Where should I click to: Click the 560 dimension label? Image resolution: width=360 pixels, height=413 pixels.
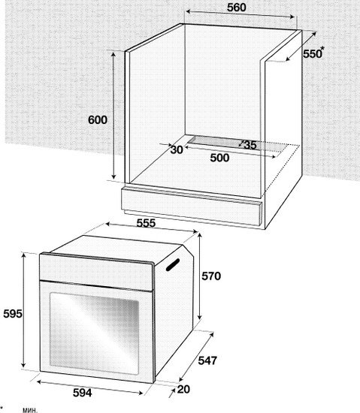[237, 8]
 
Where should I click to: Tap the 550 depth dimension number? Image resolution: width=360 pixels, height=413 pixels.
[312, 54]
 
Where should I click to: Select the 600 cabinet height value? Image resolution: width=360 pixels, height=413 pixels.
[98, 120]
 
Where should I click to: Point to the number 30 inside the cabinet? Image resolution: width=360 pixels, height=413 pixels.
[177, 150]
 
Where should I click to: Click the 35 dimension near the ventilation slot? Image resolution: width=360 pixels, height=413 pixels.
[250, 145]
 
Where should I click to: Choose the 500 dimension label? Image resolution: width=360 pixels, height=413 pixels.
[219, 158]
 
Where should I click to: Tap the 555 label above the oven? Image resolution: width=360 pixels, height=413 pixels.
[146, 223]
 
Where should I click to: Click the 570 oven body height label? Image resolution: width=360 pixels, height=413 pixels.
[211, 276]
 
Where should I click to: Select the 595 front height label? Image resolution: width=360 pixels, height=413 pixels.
[13, 314]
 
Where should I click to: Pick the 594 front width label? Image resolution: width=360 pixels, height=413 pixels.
[83, 393]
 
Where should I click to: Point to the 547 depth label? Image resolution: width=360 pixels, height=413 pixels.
[207, 360]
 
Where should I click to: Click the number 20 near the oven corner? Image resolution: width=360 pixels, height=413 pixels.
[183, 389]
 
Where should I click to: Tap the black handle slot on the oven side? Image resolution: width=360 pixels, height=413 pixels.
[173, 264]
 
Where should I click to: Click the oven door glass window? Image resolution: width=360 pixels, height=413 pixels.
[94, 333]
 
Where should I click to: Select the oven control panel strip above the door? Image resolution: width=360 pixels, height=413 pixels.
[96, 271]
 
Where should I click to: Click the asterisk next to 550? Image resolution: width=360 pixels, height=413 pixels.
[322, 49]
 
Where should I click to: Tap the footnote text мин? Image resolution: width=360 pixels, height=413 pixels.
[30, 410]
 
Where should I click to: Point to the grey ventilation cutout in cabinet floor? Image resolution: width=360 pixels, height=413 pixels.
[237, 144]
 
